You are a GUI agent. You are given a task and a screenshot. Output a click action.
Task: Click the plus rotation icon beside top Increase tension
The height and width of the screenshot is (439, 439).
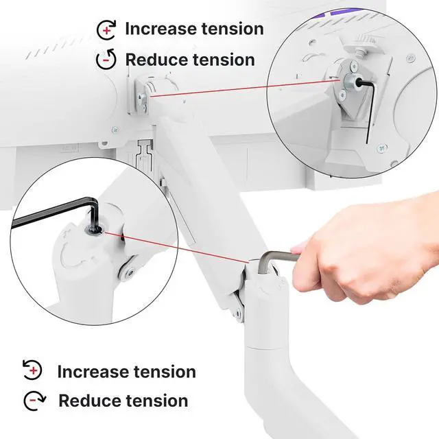[x=106, y=29]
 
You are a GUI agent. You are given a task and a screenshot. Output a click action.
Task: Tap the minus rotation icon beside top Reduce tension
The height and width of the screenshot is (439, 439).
[x=106, y=60]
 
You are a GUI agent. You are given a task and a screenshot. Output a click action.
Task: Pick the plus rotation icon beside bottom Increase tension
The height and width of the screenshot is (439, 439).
[x=32, y=370]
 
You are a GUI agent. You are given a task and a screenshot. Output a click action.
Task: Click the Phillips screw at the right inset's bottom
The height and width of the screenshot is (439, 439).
[x=381, y=147]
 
